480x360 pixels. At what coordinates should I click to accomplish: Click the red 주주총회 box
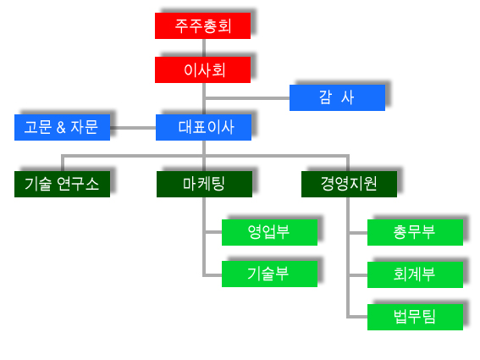coord(202,25)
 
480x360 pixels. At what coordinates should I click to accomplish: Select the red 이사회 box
coord(202,69)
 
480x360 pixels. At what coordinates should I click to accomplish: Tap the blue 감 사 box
coord(337,97)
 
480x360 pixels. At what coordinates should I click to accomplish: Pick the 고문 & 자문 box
coord(62,127)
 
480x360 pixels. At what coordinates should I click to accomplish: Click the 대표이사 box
coord(203,127)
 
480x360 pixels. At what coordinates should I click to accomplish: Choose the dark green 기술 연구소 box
coord(62,184)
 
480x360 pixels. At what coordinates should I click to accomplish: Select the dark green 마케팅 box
coord(205,184)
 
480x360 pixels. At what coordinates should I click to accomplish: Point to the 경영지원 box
coord(350,184)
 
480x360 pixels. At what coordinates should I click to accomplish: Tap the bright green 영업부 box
coord(270,232)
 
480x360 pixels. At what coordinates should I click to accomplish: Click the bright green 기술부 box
coord(270,274)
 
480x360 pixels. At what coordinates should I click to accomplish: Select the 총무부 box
coord(415,232)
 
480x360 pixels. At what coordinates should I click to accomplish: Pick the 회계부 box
coord(415,274)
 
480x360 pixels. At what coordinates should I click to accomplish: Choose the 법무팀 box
coord(415,317)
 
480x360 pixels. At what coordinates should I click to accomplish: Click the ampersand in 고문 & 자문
coord(61,127)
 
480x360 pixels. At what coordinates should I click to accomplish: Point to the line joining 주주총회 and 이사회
coord(204,47)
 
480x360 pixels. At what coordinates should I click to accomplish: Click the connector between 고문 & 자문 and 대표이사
coord(133,128)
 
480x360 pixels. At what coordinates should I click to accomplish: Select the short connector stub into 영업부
coord(213,232)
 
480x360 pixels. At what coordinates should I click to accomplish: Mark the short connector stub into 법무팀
coord(358,317)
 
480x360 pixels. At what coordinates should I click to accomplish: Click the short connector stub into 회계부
coord(358,275)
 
